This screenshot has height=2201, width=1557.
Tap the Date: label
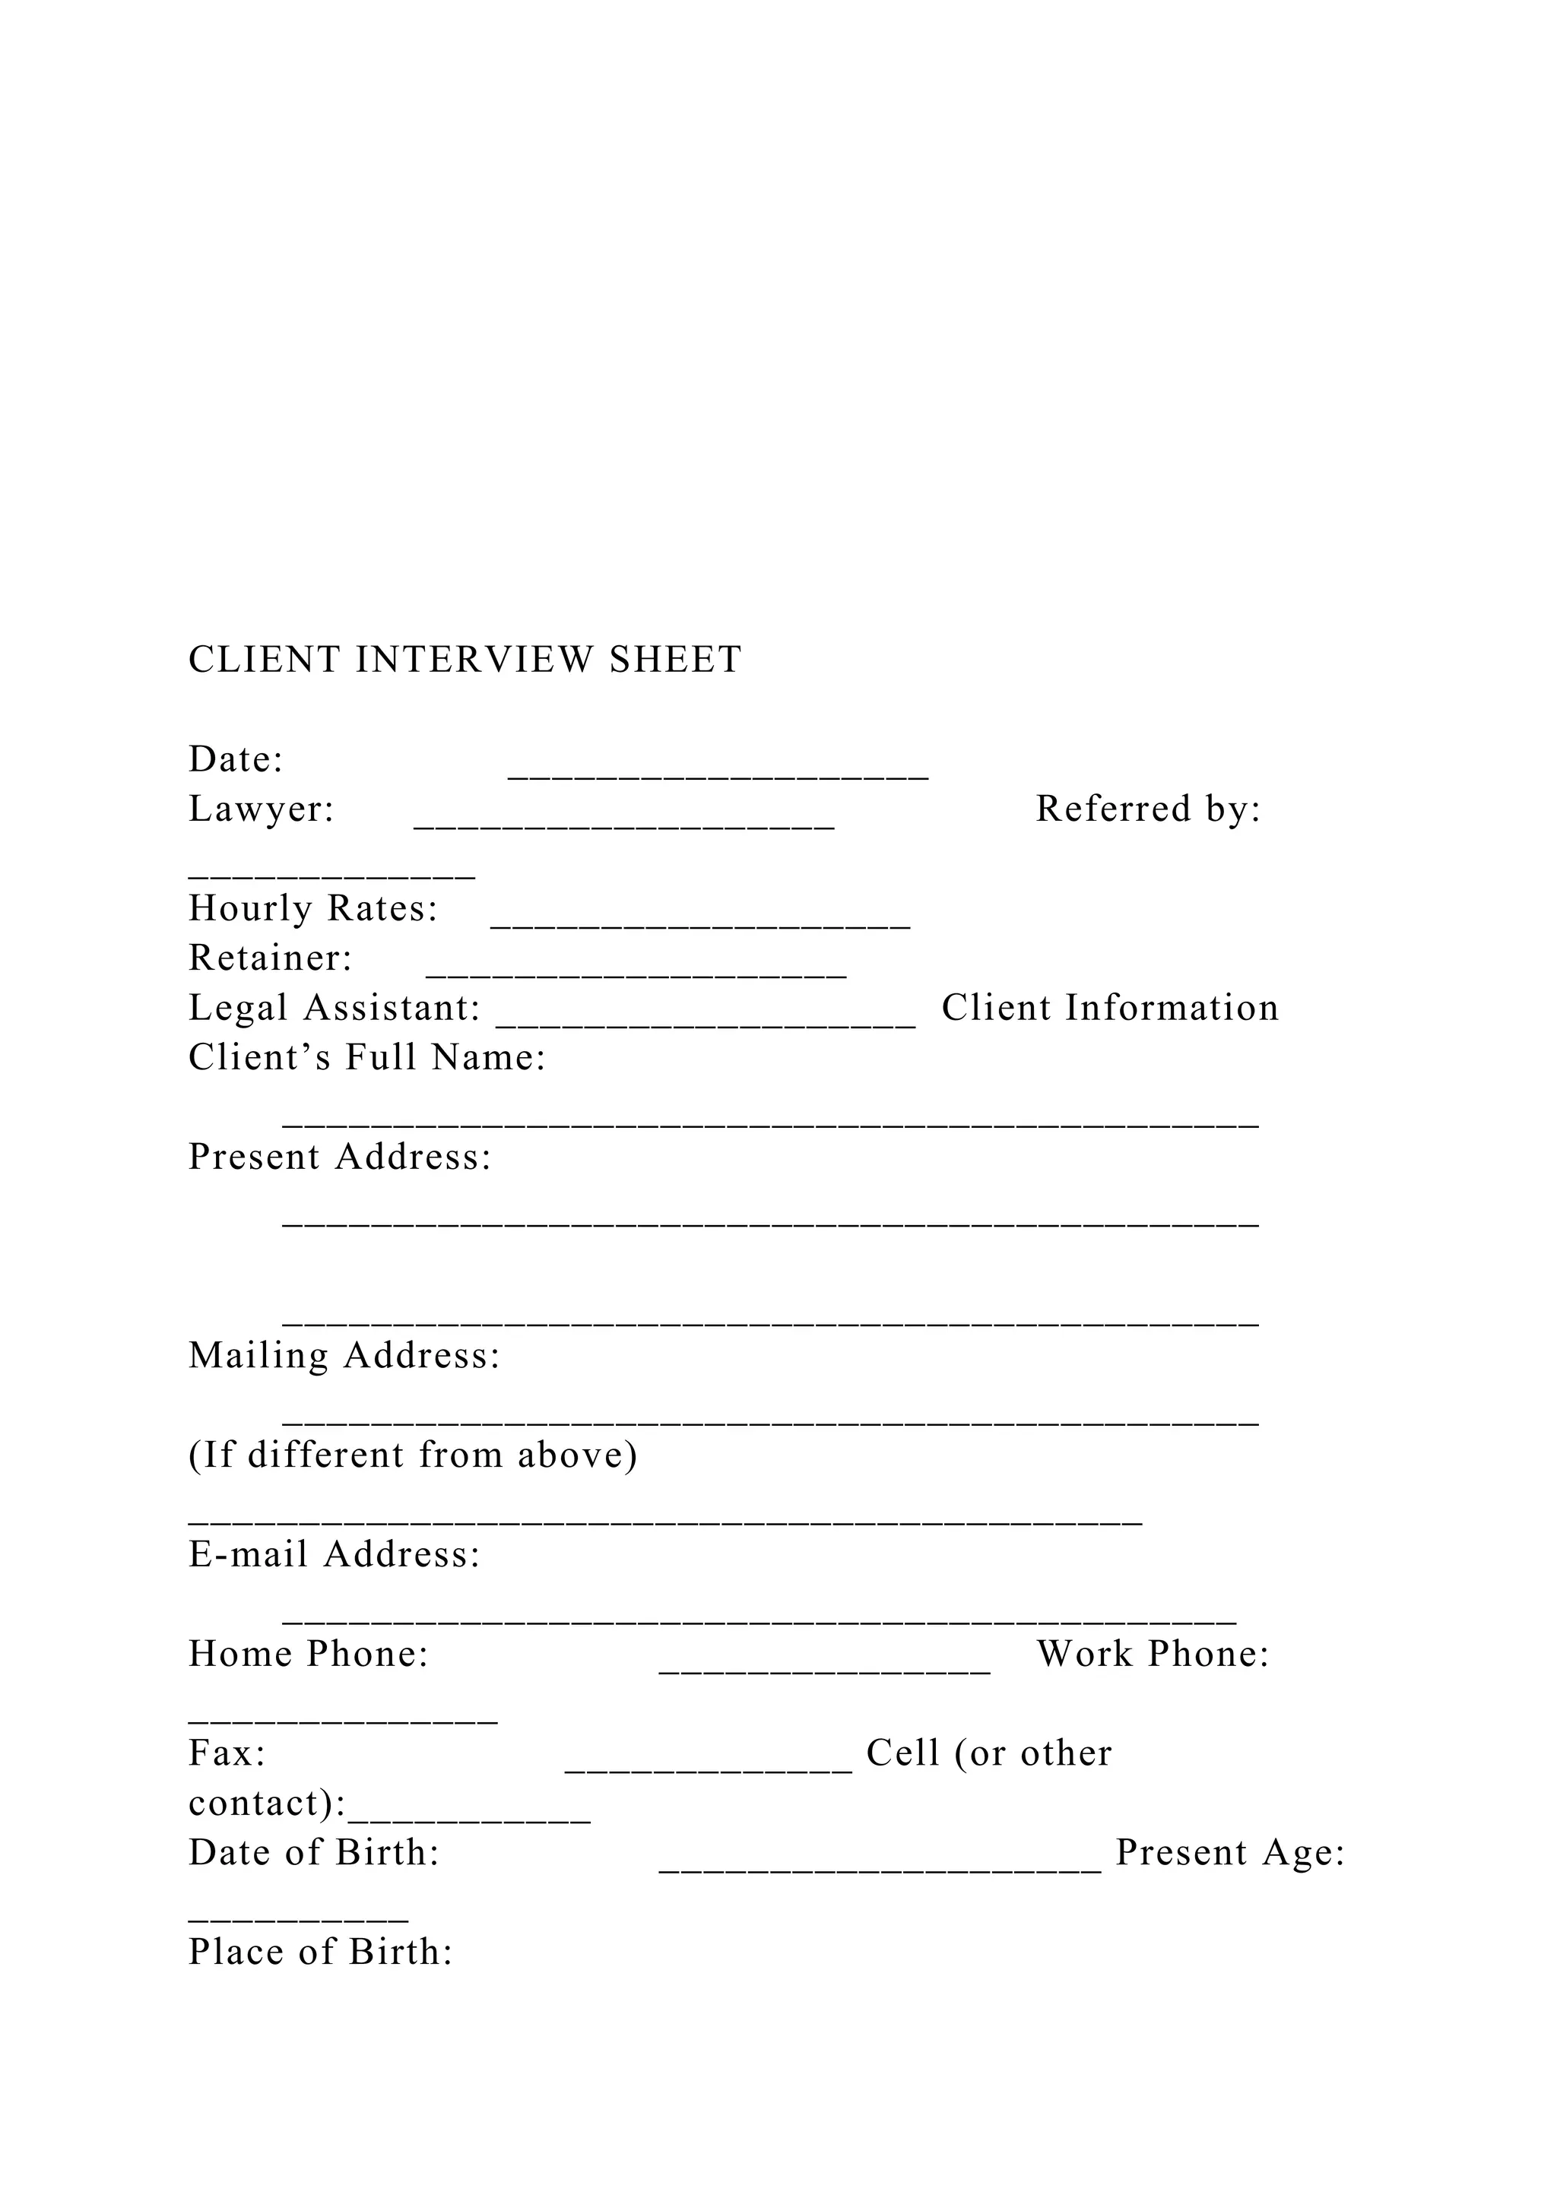[x=236, y=759]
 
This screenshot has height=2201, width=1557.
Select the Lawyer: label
[x=261, y=809]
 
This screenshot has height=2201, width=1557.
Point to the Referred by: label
[x=1148, y=809]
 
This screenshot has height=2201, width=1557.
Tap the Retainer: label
[x=271, y=958]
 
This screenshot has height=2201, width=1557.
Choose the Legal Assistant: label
[x=334, y=1008]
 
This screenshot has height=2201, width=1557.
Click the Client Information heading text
[x=1109, y=1008]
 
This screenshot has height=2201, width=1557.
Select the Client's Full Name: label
[x=367, y=1057]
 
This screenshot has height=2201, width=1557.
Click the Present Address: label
[x=339, y=1157]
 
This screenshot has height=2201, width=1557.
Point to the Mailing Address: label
[x=344, y=1356]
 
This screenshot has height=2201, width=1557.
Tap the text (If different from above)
[x=412, y=1455]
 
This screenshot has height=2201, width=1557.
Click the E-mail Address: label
[x=334, y=1554]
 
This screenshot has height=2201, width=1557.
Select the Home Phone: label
[x=308, y=1654]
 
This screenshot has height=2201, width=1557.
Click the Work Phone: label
[x=1153, y=1654]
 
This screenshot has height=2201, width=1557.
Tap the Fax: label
[x=227, y=1753]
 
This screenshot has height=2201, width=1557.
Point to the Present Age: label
[x=1230, y=1852]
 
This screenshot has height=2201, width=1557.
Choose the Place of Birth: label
[x=320, y=1952]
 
